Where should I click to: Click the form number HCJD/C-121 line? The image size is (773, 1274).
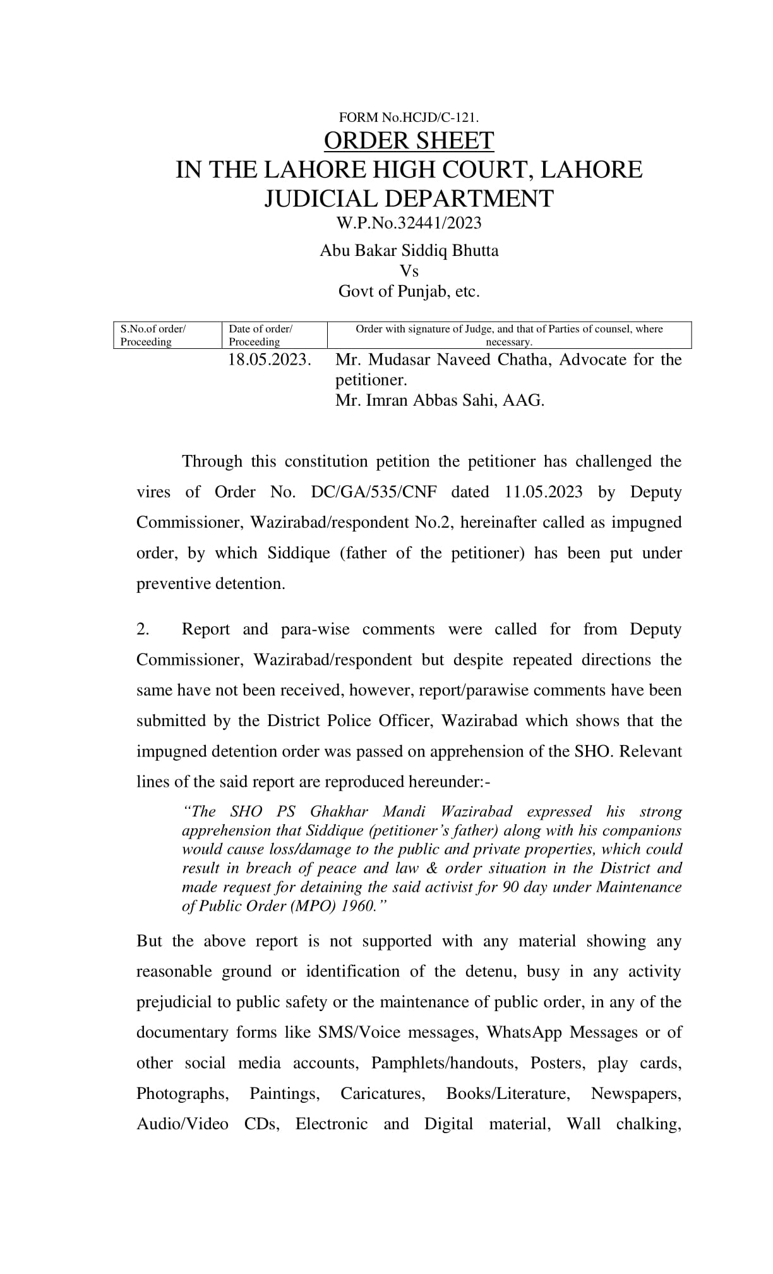click(409, 118)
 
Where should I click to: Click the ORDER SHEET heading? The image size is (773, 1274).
click(409, 141)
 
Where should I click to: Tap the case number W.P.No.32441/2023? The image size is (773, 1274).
click(409, 223)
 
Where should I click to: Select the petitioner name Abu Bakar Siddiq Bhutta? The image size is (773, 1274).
click(409, 251)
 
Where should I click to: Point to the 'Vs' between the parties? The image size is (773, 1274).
click(409, 271)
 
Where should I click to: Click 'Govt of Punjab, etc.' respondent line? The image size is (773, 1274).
click(409, 292)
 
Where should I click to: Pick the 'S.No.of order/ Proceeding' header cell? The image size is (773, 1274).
click(153, 336)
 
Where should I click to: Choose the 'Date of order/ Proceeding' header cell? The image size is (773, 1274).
click(260, 336)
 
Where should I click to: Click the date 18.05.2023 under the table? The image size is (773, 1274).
click(270, 360)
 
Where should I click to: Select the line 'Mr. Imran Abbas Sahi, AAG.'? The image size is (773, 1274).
click(440, 401)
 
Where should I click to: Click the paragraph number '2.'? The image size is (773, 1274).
click(143, 629)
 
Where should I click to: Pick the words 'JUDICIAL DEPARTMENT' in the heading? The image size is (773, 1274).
click(409, 198)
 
